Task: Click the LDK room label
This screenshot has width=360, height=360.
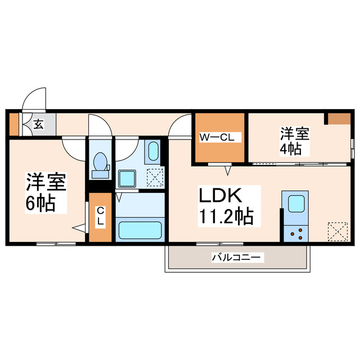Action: [220, 196]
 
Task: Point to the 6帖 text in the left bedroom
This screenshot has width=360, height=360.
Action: [40, 203]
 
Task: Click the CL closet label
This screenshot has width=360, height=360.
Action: [100, 217]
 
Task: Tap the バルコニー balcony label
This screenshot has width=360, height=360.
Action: [236, 258]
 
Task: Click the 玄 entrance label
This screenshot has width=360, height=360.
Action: [38, 124]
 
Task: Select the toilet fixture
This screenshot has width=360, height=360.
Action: [101, 163]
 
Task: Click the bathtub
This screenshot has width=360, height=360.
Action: [139, 230]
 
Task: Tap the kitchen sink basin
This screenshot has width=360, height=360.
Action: [296, 204]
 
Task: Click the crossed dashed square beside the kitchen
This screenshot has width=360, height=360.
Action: [337, 231]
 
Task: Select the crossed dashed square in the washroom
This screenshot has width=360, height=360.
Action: [154, 177]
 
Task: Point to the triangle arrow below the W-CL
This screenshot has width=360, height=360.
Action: [228, 169]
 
